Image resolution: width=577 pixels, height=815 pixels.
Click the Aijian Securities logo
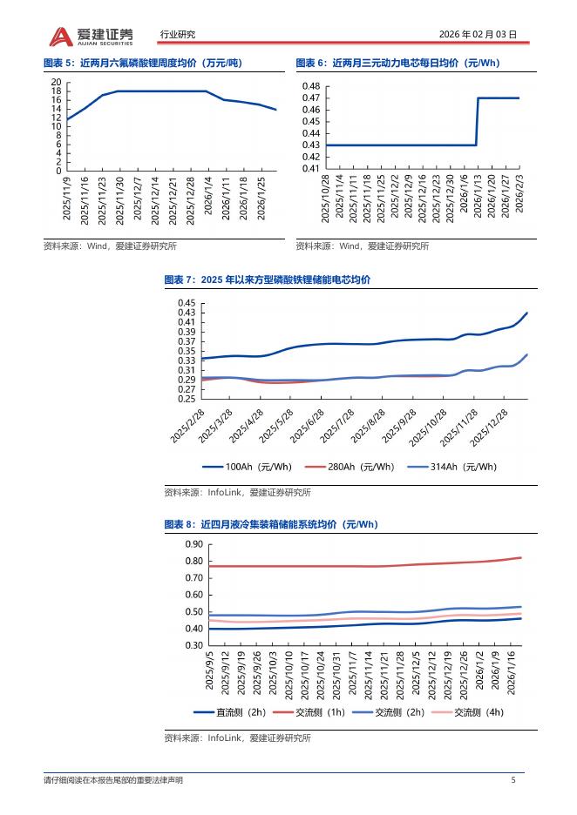pos(92,35)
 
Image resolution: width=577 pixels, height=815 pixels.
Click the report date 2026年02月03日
pos(477,35)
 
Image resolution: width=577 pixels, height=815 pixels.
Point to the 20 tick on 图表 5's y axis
pos(57,82)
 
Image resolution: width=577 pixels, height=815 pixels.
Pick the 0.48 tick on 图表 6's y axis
pos(310,87)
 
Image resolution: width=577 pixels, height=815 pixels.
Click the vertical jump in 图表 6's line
pos(477,121)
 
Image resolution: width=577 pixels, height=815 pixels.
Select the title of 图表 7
pos(267,280)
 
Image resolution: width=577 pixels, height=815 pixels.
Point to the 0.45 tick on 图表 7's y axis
pos(187,303)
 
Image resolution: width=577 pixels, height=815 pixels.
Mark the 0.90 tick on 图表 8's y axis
pos(193,544)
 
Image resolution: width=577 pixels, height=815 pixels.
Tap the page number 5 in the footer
pos(513,780)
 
